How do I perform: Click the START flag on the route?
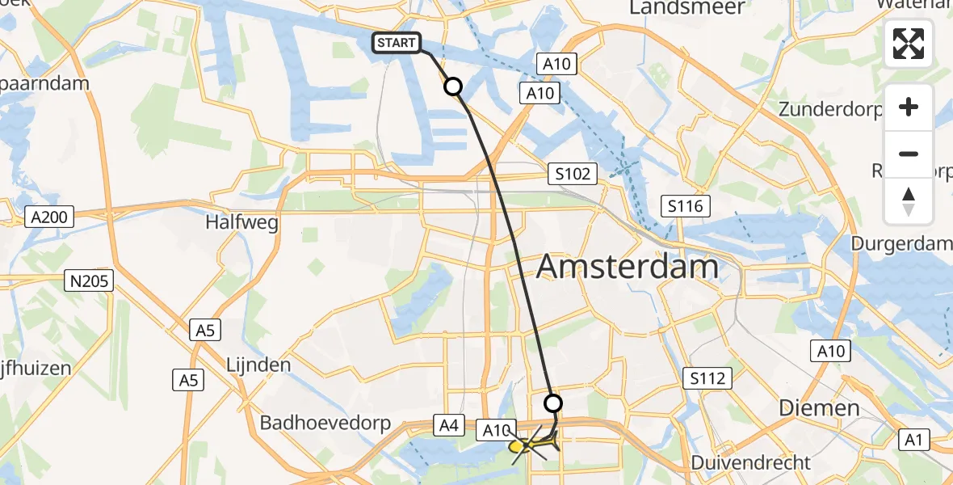pyautogui.click(x=397, y=43)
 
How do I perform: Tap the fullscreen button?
pyautogui.click(x=909, y=44)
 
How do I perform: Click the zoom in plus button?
pyautogui.click(x=909, y=107)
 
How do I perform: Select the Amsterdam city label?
pyautogui.click(x=627, y=265)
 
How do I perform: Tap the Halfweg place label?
pyautogui.click(x=242, y=221)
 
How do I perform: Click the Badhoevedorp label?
pyautogui.click(x=325, y=423)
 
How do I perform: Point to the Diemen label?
pyautogui.click(x=819, y=407)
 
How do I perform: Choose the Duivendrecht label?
pyautogui.click(x=750, y=463)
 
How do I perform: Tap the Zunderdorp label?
pyautogui.click(x=831, y=109)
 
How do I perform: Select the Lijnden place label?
pyautogui.click(x=258, y=365)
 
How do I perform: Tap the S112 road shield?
pyautogui.click(x=707, y=377)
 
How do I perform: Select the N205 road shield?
pyautogui.click(x=89, y=281)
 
